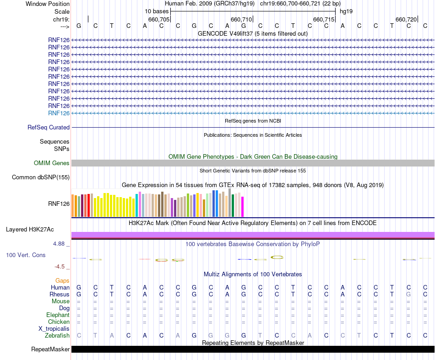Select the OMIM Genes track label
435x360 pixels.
click(52, 163)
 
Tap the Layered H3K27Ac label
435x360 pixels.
click(38, 229)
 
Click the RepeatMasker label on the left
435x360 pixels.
click(50, 349)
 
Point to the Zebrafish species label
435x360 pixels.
click(57, 336)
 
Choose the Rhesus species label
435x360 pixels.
click(60, 295)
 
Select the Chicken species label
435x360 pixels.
click(59, 322)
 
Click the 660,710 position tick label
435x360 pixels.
click(241, 20)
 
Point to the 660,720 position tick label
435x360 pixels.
click(406, 20)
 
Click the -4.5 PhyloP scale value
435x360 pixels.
click(60, 267)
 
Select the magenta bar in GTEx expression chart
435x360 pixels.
click(243, 207)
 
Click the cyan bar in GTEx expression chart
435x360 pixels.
click(137, 205)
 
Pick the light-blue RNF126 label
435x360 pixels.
click(59, 113)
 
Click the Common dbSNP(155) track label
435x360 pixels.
click(41, 177)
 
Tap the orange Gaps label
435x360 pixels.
click(62, 280)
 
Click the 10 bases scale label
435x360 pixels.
click(157, 11)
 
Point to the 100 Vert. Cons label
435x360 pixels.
click(26, 255)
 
